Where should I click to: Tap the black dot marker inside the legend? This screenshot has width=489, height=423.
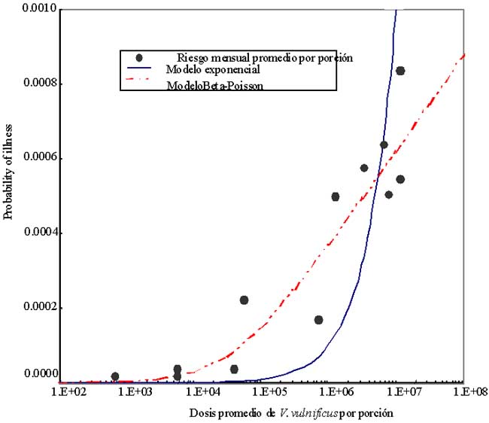point(140,57)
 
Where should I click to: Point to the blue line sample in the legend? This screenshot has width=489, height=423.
point(140,70)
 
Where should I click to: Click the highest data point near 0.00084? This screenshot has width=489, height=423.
point(400,71)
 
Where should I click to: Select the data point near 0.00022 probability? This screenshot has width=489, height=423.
point(244,300)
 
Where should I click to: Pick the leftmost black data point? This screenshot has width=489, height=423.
point(114,376)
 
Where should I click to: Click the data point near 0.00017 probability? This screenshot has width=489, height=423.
point(318,320)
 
